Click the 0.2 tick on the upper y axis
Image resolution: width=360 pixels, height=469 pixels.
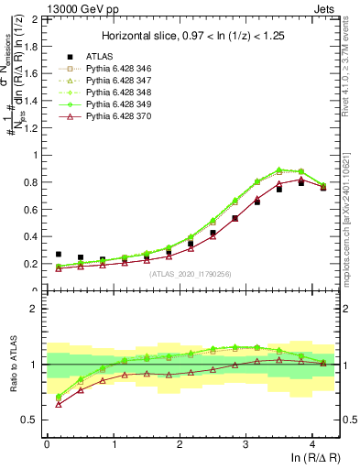(31, 264)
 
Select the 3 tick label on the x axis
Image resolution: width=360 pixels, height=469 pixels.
(245, 442)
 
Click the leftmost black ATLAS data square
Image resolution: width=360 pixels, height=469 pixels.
(59, 255)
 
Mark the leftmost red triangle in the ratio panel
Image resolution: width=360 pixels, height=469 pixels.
(59, 404)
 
